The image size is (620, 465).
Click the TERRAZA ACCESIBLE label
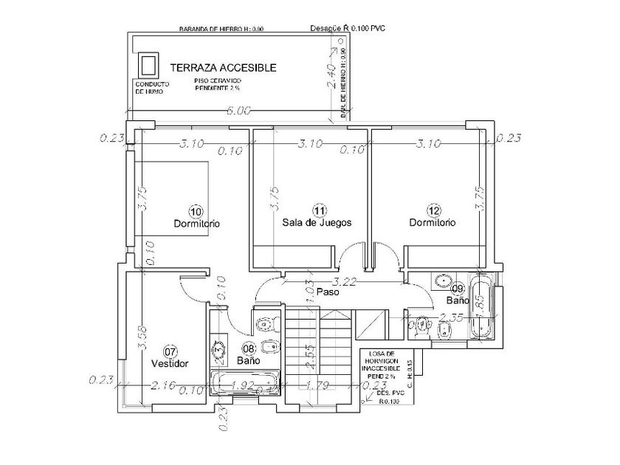tap(223, 67)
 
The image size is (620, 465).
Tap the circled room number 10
tap(196, 210)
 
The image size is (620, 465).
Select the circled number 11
tap(319, 210)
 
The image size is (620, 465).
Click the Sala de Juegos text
tap(317, 222)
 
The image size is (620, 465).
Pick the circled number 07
tap(170, 351)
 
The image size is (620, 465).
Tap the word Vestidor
tap(170, 364)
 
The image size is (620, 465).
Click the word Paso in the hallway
tap(327, 292)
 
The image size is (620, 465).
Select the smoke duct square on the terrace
tap(148, 64)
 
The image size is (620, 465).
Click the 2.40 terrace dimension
tap(332, 76)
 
